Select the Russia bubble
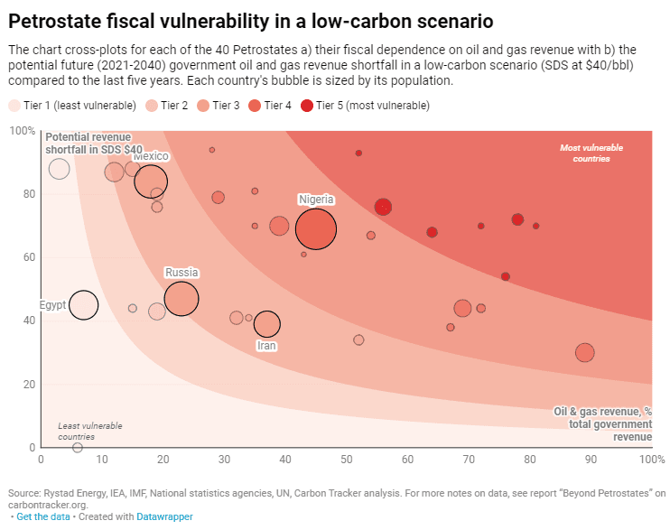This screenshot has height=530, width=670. tap(181, 298)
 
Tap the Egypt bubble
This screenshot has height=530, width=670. tap(83, 305)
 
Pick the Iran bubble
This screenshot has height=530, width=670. tap(267, 324)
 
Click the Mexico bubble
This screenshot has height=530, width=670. tap(152, 181)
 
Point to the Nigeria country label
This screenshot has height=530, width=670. tap(316, 200)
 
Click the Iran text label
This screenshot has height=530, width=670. tap(267, 346)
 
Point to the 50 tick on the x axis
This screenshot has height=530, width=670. tap(347, 459)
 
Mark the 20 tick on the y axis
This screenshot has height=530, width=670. tap(28, 384)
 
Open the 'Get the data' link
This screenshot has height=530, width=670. tap(43, 516)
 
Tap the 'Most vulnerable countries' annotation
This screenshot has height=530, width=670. tap(584, 153)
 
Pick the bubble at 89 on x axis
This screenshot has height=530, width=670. tap(584, 353)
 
